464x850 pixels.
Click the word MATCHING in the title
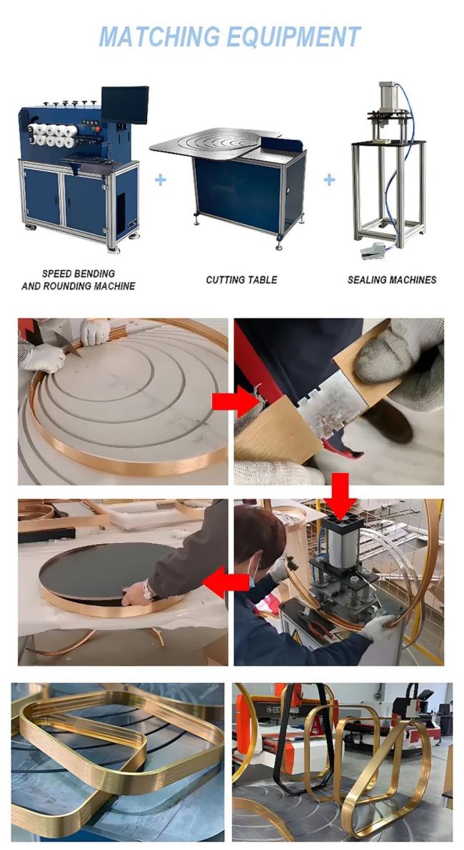[160, 37]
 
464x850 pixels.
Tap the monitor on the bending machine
[125, 105]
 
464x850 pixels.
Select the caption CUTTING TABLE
[241, 280]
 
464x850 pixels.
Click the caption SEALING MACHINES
[392, 280]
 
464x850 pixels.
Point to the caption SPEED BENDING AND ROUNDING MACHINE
[79, 280]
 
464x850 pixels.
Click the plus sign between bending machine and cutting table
[161, 179]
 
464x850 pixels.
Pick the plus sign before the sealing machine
[329, 179]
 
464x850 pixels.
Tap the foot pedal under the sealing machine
[373, 249]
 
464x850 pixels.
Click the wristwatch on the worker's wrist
[148, 590]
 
